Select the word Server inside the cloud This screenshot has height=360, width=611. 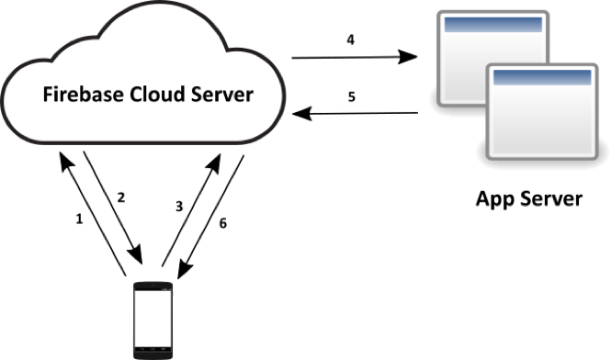[221, 94]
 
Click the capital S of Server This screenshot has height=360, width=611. [196, 94]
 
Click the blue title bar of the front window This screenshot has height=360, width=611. [541, 78]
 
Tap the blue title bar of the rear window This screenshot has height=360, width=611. [493, 25]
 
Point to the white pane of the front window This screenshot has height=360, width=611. [541, 119]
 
